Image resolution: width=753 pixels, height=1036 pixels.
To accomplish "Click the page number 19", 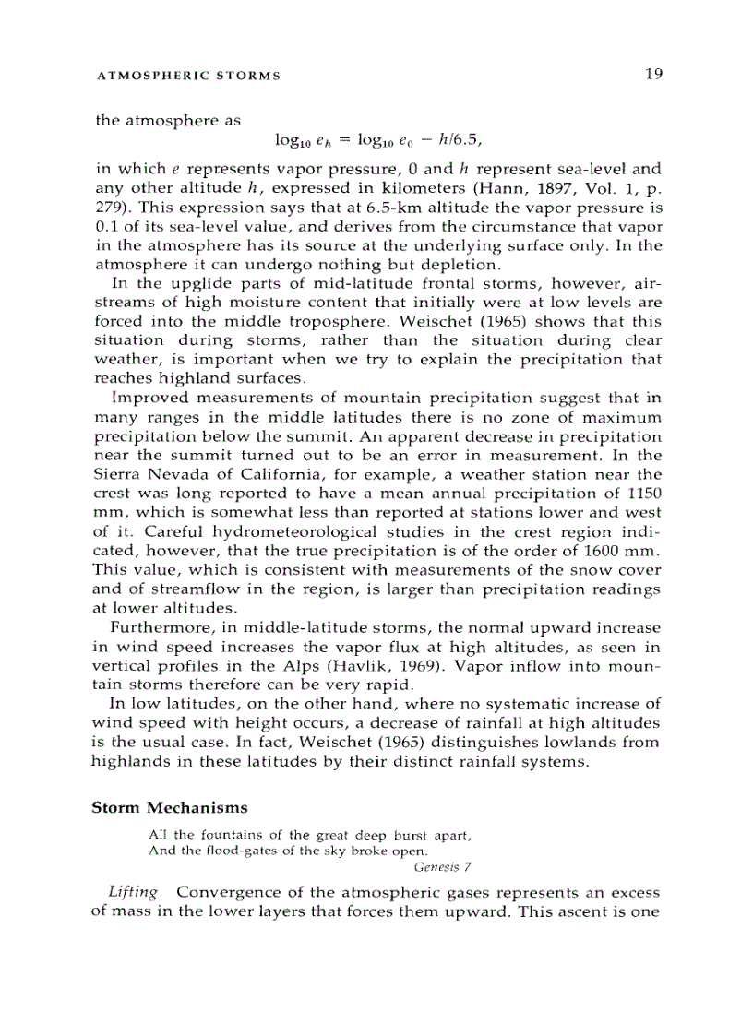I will [653, 74].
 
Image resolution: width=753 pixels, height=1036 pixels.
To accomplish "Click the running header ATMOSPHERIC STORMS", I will [188, 76].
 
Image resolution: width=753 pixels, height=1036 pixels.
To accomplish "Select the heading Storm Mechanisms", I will [170, 808].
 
